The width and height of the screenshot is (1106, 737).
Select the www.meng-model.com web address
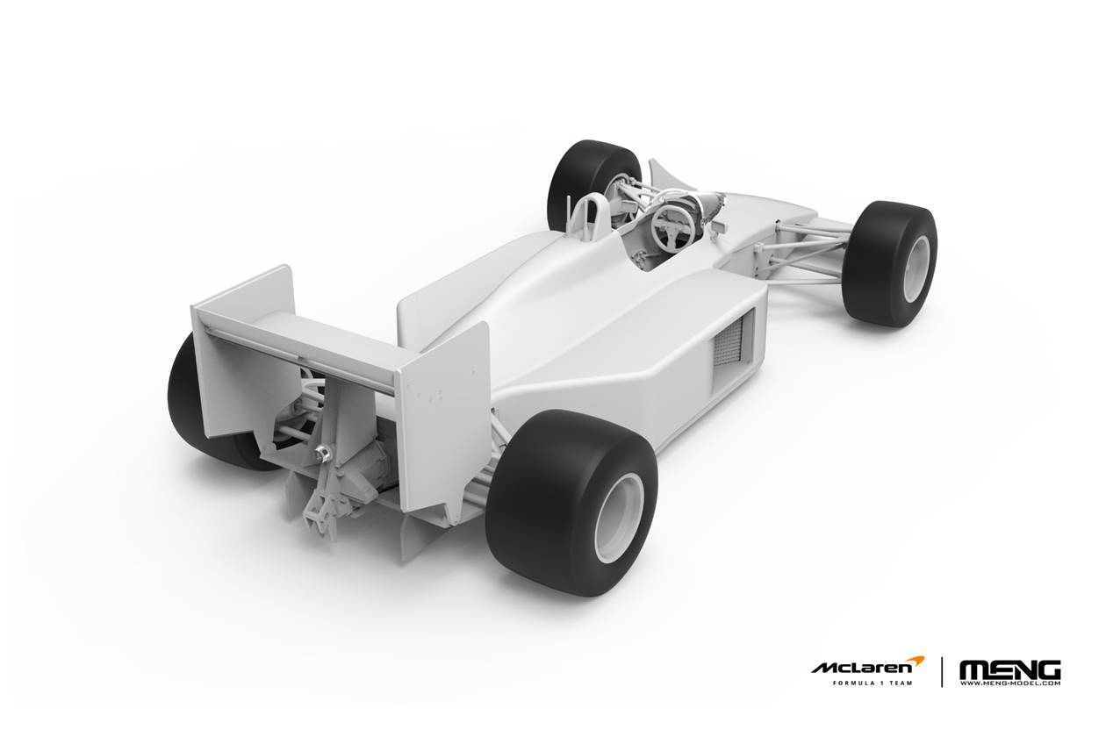[x=1010, y=683]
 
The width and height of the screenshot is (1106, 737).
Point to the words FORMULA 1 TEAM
[x=873, y=683]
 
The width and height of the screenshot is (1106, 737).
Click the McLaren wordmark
[x=862, y=668]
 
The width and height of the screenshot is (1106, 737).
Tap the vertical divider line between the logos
[x=942, y=672]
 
